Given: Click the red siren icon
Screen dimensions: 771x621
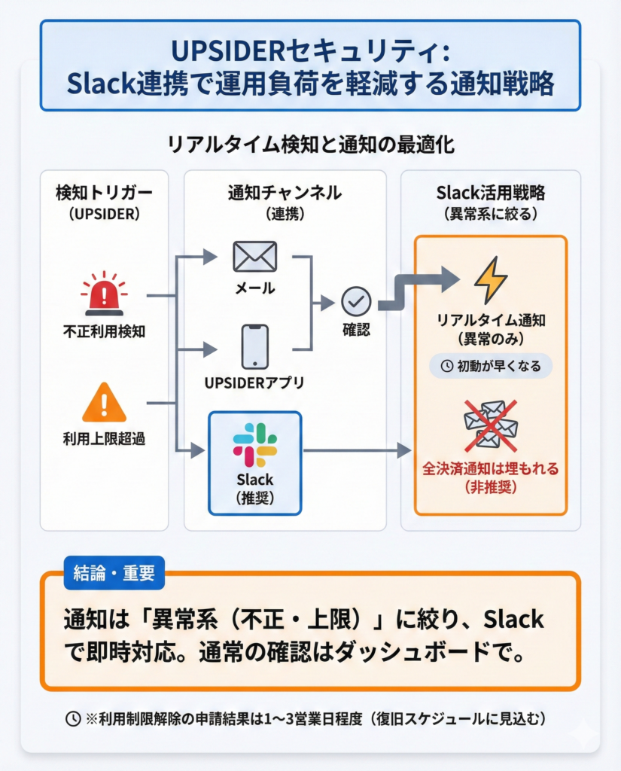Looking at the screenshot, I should pos(104,294).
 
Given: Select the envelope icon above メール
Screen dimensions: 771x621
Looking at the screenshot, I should pos(254,257).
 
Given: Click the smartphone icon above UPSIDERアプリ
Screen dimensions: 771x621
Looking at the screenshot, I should pos(254,346).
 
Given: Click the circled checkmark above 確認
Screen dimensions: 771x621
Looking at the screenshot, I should pos(355,301).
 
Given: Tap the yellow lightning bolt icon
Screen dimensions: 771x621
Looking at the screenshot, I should pos(490,280).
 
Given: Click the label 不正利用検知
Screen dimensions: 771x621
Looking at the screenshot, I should pos(104,330).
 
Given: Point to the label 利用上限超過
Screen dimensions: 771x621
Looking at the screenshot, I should pos(104,439).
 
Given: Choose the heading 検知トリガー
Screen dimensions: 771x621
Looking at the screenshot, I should pos(104,193).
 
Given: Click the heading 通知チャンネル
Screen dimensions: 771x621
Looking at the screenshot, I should pos(285,193).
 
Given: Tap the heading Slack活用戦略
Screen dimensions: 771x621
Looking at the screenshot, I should pos(490,193).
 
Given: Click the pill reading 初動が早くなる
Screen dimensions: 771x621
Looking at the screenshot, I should pos(490,366).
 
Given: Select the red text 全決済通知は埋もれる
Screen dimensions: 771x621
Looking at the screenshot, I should pos(490,469).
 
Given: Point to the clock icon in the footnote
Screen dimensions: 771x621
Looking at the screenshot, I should pos(74,718).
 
